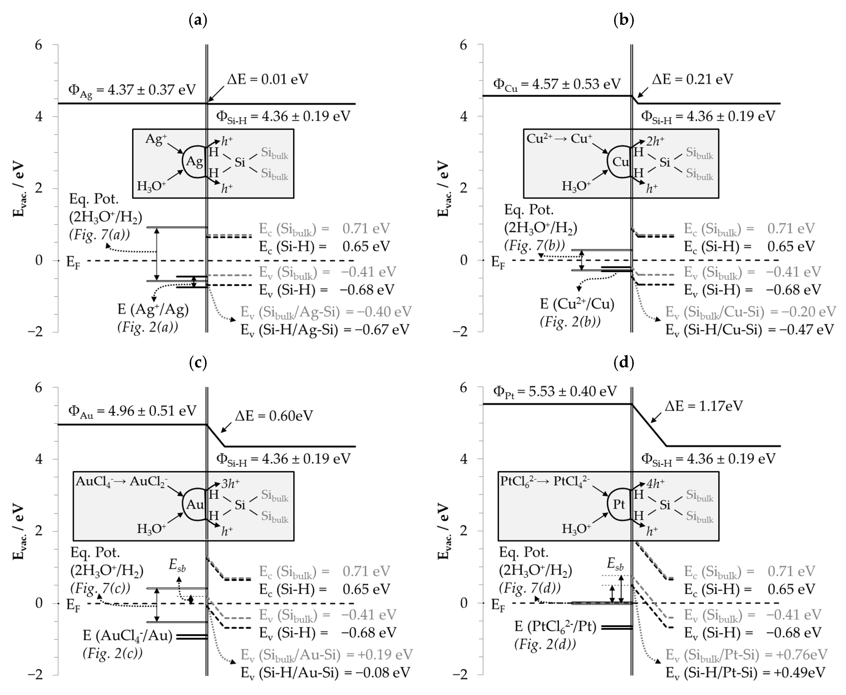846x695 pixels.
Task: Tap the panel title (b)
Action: tap(623, 20)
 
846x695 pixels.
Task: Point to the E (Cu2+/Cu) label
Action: tap(577, 304)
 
